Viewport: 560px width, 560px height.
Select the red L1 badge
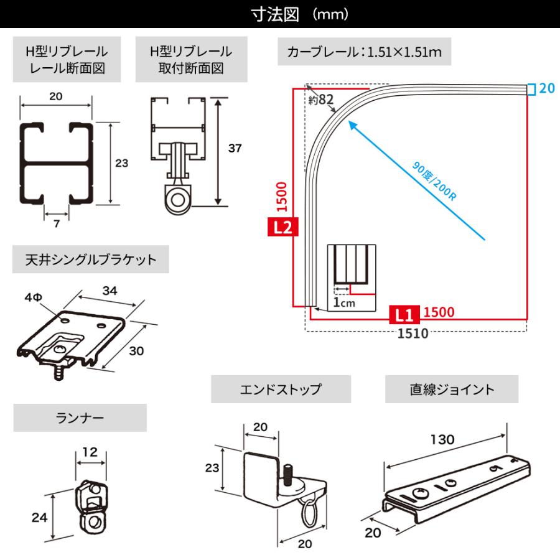403,312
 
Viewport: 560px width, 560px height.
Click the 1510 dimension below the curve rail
413,333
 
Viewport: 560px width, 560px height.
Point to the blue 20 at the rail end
547,89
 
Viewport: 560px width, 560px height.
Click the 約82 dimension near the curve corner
322,99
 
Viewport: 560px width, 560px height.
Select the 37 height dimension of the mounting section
235,149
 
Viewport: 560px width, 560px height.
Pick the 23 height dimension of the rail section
122,164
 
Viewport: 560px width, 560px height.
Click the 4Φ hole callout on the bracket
34,297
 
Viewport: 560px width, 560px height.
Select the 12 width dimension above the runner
90,452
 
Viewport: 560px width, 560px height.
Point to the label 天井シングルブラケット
90,259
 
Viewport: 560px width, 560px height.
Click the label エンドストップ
281,390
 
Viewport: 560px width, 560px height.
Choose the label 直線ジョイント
452,390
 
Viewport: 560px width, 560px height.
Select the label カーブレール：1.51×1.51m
365,52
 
